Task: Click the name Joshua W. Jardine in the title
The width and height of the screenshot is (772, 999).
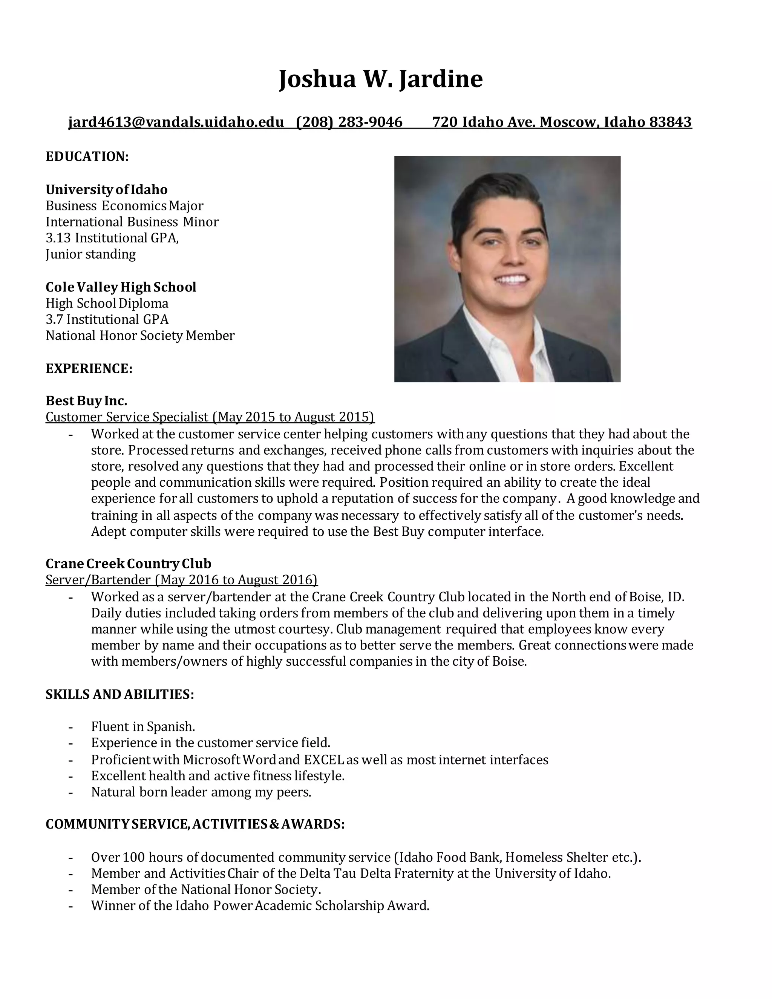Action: [380, 79]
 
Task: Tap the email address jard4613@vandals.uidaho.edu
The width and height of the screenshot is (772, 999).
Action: [176, 122]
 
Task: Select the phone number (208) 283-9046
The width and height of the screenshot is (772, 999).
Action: [349, 122]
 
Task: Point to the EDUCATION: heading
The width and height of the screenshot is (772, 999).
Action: [87, 156]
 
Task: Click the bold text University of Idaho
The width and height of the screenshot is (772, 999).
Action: [107, 189]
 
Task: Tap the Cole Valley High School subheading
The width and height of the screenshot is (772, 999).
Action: [121, 287]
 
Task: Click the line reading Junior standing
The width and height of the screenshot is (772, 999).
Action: [90, 254]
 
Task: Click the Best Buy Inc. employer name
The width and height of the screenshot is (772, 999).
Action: [86, 401]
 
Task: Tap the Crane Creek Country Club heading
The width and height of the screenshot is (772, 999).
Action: [129, 564]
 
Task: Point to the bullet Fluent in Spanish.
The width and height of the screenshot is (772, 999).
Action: [143, 727]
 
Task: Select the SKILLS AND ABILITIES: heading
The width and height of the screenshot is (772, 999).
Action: [120, 694]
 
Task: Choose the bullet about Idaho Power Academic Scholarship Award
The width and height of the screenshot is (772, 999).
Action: [260, 906]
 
